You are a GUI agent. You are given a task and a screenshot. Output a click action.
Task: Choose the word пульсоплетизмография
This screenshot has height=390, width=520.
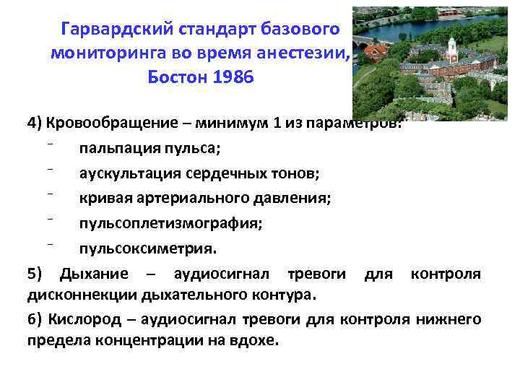pyautogui.click(x=170, y=224)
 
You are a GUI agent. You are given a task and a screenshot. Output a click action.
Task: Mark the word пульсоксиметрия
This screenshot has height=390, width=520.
pyautogui.click(x=147, y=249)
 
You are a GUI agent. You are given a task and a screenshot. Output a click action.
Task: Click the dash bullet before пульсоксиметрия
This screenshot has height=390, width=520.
pyautogui.click(x=54, y=244)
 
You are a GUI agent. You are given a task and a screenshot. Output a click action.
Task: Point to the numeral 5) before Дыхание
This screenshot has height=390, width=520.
pyautogui.click(x=35, y=274)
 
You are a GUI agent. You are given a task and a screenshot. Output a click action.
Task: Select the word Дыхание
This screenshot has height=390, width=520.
pyautogui.click(x=95, y=274)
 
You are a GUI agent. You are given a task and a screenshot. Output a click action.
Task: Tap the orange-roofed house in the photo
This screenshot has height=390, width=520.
pyautogui.click(x=376, y=52)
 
